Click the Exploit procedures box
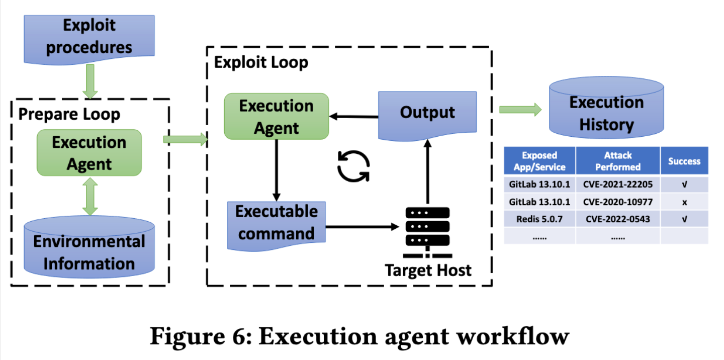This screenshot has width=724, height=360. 89,37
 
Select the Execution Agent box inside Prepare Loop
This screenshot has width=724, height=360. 89,153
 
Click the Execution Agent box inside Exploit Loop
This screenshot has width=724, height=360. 276,117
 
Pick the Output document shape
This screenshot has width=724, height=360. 427,114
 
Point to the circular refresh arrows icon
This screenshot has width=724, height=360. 353,166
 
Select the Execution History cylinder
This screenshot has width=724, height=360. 606,114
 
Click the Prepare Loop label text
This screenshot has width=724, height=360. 69,114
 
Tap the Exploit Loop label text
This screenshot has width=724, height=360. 261,62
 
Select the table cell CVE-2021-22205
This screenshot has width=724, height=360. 618,185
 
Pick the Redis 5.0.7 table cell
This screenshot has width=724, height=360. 539,219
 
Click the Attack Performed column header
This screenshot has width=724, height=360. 618,161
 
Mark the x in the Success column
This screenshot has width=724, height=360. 684,202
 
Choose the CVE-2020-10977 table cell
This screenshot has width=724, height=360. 618,202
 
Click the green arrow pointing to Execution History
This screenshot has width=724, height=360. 520,110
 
